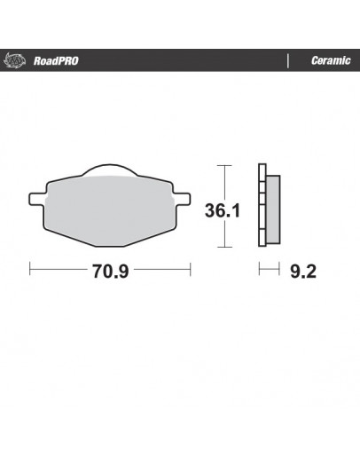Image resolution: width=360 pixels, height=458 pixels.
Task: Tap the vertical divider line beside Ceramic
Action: pos(289,61)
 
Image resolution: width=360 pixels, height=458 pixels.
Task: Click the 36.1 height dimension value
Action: pos(224,212)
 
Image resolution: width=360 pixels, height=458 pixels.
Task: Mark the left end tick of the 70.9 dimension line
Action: pos(30,268)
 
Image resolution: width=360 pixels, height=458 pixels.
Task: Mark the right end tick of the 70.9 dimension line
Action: pos(192,268)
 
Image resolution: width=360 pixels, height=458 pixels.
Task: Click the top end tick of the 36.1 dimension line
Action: pos(224,164)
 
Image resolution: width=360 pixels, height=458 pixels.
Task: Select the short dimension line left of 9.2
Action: pos(268,268)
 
